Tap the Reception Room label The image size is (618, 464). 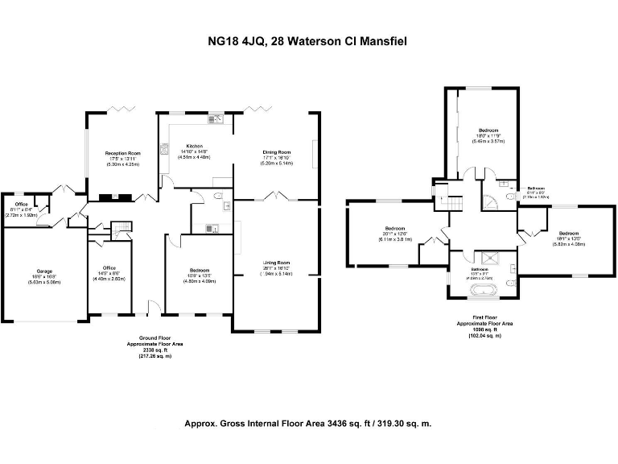pos(122,152)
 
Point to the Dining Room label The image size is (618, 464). pos(276,151)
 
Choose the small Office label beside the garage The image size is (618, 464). pos(21,205)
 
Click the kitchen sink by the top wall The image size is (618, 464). pos(217,120)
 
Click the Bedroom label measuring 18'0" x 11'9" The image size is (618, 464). pos(488,130)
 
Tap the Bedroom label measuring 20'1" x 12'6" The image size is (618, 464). pos(394,228)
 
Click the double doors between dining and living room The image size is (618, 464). pos(276,196)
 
